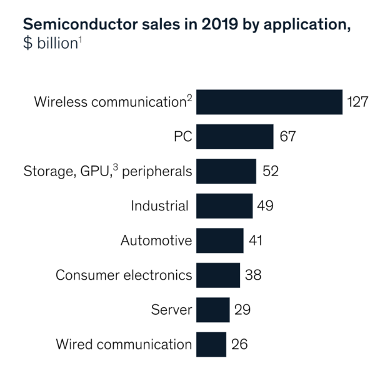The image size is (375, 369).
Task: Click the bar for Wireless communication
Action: pos(269,102)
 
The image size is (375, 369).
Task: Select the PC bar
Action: pos(234,136)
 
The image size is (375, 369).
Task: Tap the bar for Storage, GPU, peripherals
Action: pos(226,171)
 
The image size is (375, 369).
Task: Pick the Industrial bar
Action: pos(224,205)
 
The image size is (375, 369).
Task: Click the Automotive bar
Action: pos(219,240)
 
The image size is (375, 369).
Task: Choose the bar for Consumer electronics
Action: pos(217,275)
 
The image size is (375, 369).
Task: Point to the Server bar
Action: pos(212,309)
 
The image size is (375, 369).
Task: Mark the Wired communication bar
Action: pos(211,344)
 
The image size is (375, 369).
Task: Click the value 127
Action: pos(359,102)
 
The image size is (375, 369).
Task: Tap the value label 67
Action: pos(287,136)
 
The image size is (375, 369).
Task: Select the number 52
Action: pos(271,171)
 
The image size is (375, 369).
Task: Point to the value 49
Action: pos(266,205)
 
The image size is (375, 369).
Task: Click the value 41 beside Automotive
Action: pos(256,240)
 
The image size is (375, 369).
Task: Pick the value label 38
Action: pos(252,275)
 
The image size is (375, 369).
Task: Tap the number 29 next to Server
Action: pos(242,309)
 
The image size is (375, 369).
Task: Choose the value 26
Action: pos(239,344)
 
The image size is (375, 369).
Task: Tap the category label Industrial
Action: pos(159,205)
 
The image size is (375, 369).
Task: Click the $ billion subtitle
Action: pos(49,45)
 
